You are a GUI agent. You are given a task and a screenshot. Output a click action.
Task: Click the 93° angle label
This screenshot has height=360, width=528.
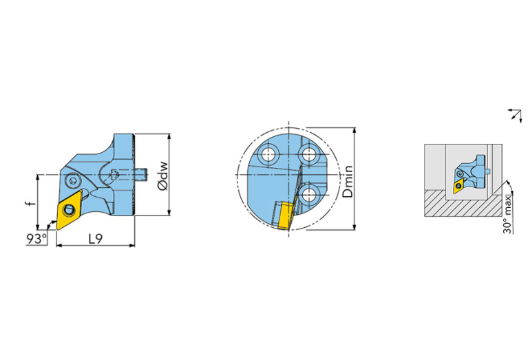click(36, 238)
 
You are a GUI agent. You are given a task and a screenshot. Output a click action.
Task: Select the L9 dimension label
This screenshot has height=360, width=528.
click(95, 239)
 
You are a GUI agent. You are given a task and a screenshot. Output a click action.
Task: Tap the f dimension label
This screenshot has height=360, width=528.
click(31, 203)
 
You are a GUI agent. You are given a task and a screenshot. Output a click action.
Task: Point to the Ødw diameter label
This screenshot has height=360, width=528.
click(162, 176)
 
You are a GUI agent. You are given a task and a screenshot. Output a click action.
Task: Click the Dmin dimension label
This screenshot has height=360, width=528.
click(348, 181)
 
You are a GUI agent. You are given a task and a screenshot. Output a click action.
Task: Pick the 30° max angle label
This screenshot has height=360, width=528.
click(507, 215)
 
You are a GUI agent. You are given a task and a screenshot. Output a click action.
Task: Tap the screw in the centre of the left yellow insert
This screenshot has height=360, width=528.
click(69, 209)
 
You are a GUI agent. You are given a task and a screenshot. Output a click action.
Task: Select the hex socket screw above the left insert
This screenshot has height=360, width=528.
click(72, 181)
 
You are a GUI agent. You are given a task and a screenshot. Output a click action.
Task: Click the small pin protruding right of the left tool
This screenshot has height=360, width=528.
click(142, 174)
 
